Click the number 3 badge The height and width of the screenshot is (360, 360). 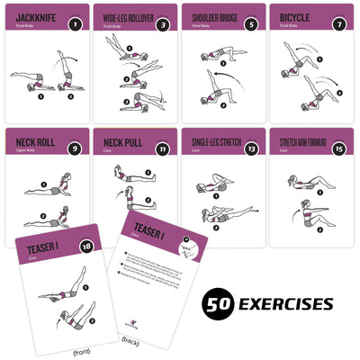[x=163, y=24]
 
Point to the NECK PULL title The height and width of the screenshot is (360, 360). [x=121, y=140]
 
